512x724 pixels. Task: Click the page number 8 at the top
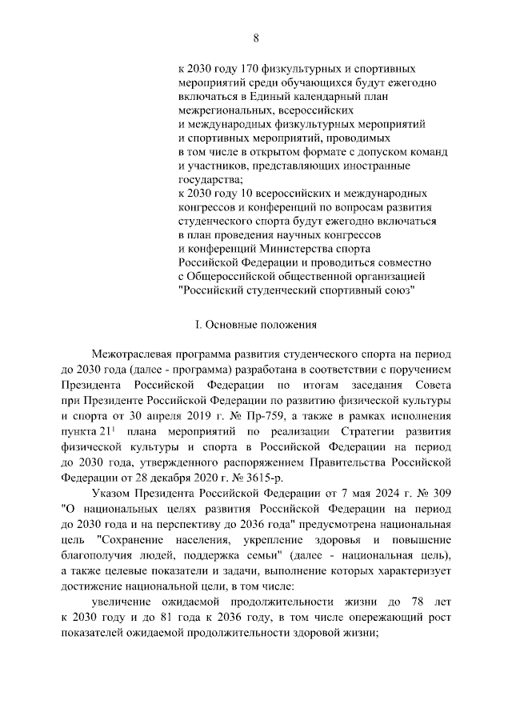coord(256,38)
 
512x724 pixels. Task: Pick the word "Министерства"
coord(315,249)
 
